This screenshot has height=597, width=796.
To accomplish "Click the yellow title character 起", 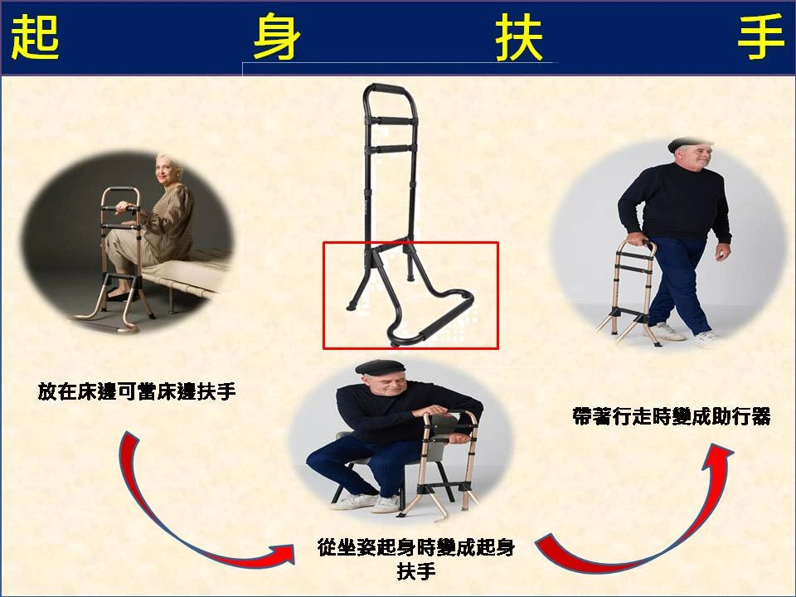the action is [35, 36].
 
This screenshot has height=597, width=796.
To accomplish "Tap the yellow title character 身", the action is [277, 36].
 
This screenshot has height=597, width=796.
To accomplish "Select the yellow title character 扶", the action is [519, 36].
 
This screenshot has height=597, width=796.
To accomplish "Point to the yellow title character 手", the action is [760, 36].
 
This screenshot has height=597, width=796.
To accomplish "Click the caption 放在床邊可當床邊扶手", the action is [137, 391].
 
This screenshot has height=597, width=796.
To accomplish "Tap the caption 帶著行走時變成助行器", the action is [672, 415].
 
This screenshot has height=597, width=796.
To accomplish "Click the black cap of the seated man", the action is [381, 366].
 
